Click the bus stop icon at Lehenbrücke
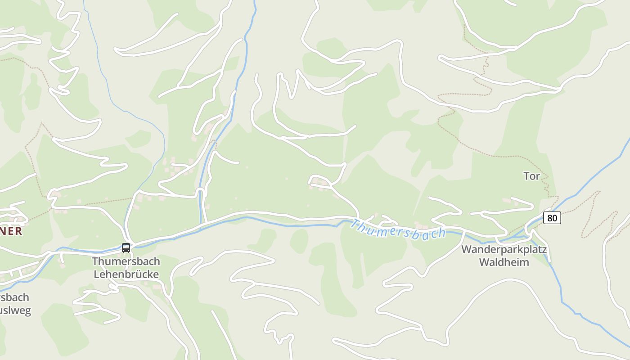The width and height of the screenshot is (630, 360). [x=126, y=247]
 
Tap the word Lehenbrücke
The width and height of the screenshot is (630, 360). [x=126, y=274]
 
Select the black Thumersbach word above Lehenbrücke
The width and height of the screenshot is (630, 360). [x=126, y=261]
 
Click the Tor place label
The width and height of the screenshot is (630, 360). [x=531, y=176]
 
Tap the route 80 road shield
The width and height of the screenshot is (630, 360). [x=552, y=218]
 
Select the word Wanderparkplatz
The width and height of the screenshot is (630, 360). [x=504, y=250]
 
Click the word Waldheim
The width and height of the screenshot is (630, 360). [x=504, y=262]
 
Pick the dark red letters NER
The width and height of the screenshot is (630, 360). [x=11, y=231]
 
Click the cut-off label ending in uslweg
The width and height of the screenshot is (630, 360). [x=15, y=310]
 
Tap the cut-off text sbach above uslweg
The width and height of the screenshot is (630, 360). [x=14, y=297]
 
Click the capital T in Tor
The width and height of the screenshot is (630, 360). [x=526, y=176]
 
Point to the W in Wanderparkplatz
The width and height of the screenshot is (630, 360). [x=467, y=250]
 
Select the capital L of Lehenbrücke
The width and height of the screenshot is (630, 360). [x=96, y=274]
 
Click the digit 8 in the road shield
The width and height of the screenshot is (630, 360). [x=549, y=218]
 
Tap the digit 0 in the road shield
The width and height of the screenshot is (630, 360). [x=555, y=218]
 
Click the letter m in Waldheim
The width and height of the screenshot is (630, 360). [x=524, y=262]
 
